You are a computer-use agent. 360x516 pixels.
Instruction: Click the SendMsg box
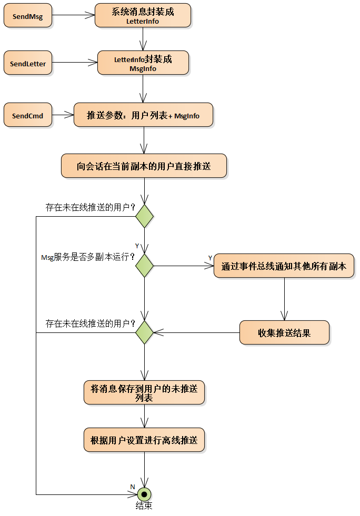click(27, 16)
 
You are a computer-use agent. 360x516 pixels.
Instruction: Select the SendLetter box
click(27, 64)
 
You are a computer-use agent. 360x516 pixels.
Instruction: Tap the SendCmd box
click(27, 115)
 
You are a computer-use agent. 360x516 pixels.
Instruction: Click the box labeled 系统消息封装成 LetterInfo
click(143, 16)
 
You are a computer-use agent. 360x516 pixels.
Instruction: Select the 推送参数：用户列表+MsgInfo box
click(143, 115)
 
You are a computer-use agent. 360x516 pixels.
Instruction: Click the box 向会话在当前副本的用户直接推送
click(144, 166)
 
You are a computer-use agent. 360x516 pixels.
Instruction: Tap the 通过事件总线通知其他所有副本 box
click(284, 266)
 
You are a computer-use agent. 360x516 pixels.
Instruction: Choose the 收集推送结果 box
click(284, 333)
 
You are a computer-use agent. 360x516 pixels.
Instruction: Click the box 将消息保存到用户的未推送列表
click(144, 393)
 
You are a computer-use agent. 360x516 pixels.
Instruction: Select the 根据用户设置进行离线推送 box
click(144, 440)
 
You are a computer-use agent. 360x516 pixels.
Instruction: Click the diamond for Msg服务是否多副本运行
click(144, 266)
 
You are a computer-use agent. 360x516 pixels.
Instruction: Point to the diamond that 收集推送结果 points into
click(144, 332)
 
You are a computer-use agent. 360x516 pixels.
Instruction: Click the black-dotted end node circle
click(144, 494)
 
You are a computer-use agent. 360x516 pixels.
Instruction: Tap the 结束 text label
click(144, 506)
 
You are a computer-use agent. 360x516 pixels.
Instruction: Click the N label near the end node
click(133, 486)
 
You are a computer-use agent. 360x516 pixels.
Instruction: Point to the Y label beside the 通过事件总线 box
click(210, 258)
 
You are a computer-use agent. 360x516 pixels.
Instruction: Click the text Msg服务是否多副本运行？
click(87, 257)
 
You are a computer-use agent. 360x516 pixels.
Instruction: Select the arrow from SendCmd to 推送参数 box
click(62, 115)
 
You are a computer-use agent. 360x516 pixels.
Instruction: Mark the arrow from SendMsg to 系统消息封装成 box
click(74, 16)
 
